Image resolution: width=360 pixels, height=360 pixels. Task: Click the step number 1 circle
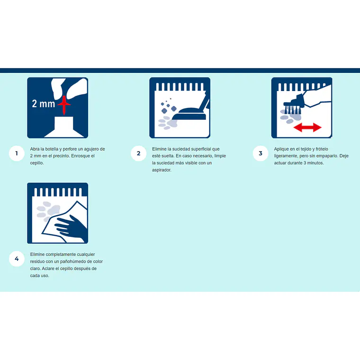(17, 153)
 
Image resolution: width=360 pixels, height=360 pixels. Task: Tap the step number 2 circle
(138, 153)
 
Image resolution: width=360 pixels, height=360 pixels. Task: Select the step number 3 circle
(261, 153)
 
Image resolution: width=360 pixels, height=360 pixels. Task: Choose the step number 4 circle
(17, 259)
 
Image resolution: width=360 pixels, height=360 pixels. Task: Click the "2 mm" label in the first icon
(44, 104)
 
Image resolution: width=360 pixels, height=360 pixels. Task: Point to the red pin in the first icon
(64, 105)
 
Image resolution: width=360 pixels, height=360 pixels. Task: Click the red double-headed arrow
(307, 127)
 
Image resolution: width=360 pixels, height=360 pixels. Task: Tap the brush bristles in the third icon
(293, 110)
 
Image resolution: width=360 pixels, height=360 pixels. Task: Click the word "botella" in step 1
(52, 149)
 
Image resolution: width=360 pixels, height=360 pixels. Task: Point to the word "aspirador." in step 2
(162, 170)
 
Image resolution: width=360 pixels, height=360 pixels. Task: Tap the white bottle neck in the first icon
(64, 124)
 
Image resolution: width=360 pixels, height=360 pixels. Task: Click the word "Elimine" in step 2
(159, 149)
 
